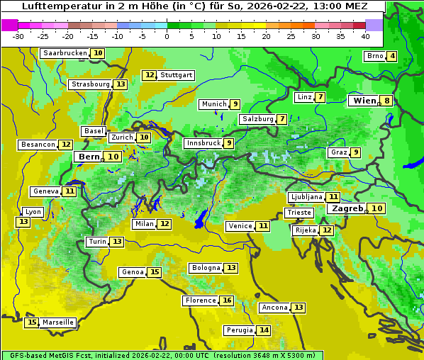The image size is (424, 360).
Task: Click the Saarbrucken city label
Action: tap(65, 53)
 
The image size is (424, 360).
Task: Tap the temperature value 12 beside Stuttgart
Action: tap(149, 75)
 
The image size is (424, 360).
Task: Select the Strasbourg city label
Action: tap(90, 84)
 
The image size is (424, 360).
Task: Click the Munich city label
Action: tap(213, 104)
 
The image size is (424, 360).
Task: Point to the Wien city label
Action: tap(364, 101)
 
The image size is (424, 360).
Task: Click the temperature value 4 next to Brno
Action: tap(391, 56)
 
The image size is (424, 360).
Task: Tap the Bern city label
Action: tap(89, 157)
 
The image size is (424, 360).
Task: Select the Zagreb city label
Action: tap(347, 208)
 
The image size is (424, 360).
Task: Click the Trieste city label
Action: tap(299, 213)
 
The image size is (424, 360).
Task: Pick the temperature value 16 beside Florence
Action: tap(227, 300)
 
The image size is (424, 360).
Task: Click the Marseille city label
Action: tap(57, 322)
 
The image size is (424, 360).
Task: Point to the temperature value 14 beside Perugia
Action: tap(264, 330)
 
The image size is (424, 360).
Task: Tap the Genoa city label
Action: tap(132, 272)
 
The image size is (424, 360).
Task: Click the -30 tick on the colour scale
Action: tap(18, 36)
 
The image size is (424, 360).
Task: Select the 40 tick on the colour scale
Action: tap(365, 36)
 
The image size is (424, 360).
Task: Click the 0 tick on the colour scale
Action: tap(167, 36)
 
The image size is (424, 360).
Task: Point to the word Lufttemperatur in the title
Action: tap(57, 6)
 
